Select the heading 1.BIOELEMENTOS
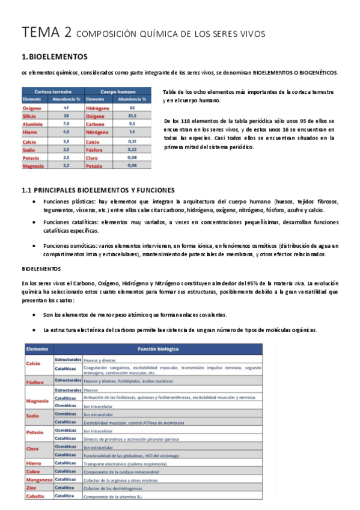pyautogui.click(x=55, y=57)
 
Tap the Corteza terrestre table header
pyautogui.click(x=52, y=91)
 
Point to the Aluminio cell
pyautogui.click(x=34, y=123)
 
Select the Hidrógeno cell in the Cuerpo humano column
pyautogui.click(x=99, y=108)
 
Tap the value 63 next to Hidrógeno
pyautogui.click(x=132, y=108)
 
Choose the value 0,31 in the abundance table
pyautogui.click(x=132, y=141)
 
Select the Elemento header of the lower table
pyautogui.click(x=37, y=348)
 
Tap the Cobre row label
pyautogui.click(x=34, y=472)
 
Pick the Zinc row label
pyautogui.click(x=31, y=488)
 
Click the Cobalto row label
pyautogui.click(x=35, y=496)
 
